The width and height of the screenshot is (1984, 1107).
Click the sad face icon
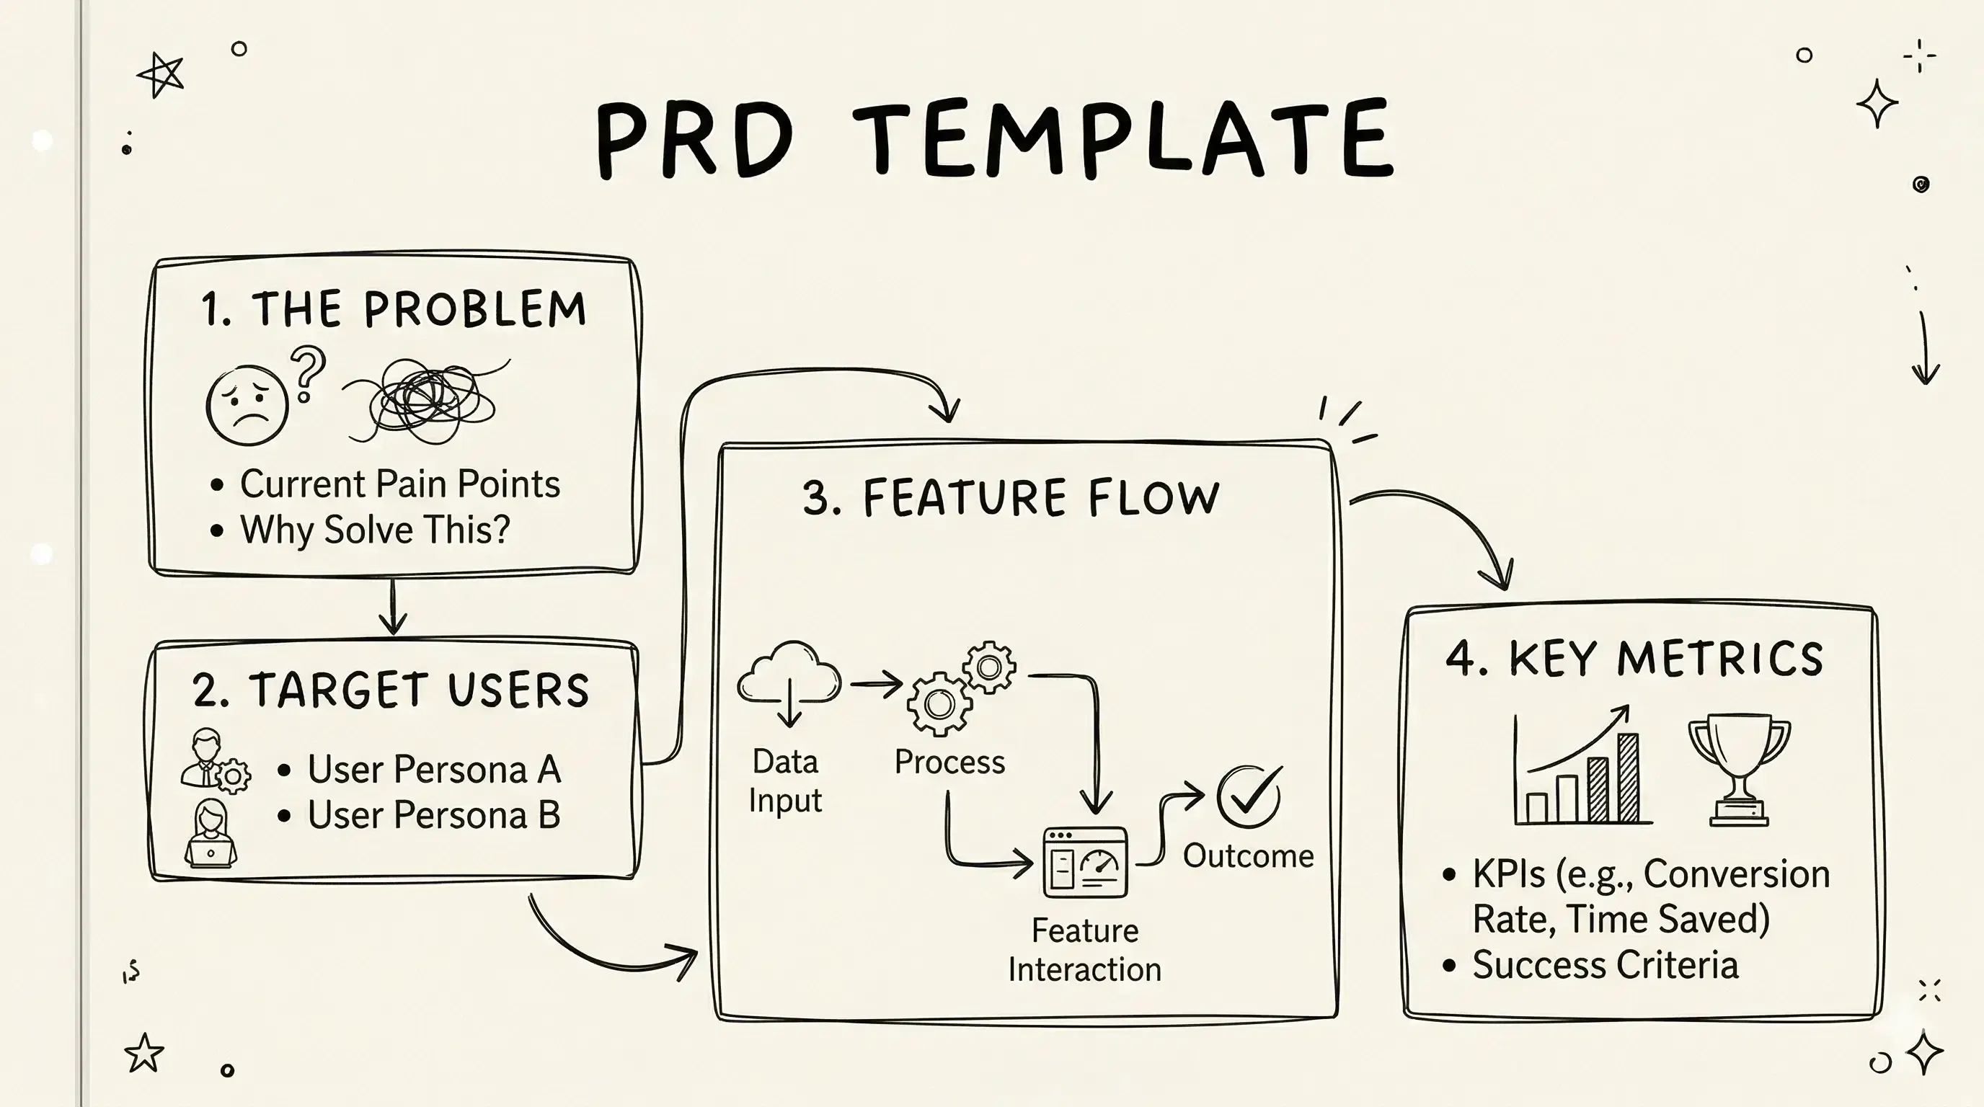pyautogui.click(x=247, y=405)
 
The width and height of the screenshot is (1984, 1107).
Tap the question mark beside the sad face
pyautogui.click(x=307, y=373)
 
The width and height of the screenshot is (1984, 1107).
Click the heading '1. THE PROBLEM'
pyautogui.click(x=394, y=309)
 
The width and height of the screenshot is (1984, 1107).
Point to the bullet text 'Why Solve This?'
pyautogui.click(x=375, y=530)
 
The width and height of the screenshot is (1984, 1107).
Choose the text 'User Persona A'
pyautogui.click(x=433, y=769)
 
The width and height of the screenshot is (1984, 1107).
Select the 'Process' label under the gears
pyautogui.click(x=949, y=762)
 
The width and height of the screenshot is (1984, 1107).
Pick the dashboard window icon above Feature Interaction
pyautogui.click(x=1084, y=862)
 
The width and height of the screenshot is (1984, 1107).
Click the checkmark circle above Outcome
pyautogui.click(x=1249, y=797)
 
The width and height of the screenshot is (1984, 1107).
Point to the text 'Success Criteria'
pyautogui.click(x=1605, y=965)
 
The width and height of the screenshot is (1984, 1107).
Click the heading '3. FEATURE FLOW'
pyautogui.click(x=1011, y=497)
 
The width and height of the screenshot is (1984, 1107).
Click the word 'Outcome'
pyautogui.click(x=1248, y=856)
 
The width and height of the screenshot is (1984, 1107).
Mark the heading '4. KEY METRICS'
pyautogui.click(x=1634, y=659)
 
